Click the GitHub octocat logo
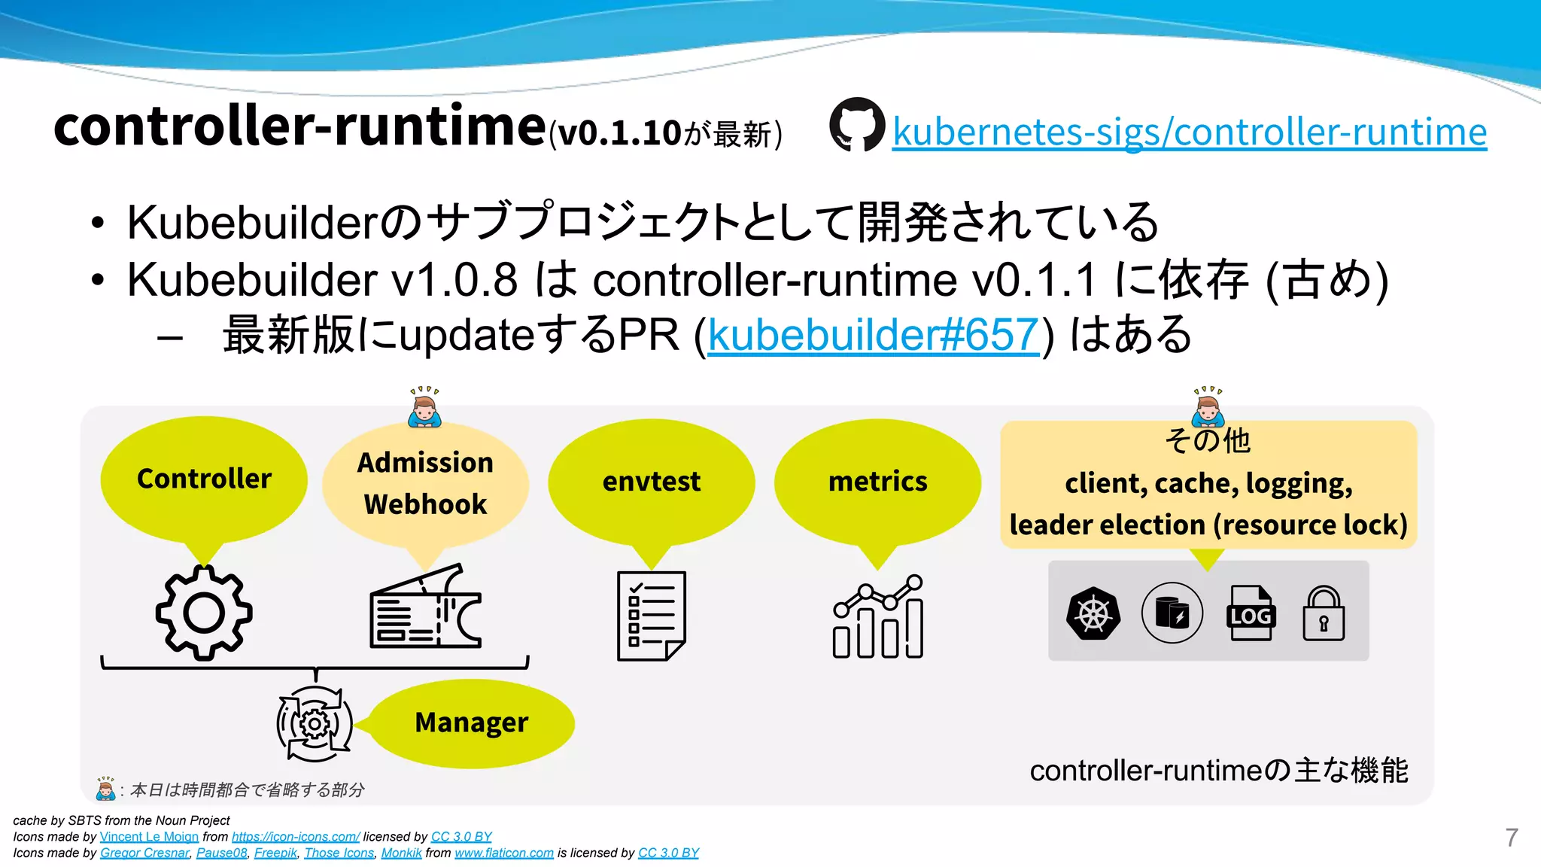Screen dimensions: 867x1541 (x=857, y=125)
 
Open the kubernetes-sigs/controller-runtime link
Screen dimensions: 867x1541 (x=1189, y=132)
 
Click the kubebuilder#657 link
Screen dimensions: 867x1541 (x=873, y=335)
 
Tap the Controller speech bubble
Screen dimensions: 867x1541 (x=204, y=479)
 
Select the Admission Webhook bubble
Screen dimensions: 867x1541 (x=425, y=483)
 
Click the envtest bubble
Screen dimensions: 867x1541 (x=651, y=482)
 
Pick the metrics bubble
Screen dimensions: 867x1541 (x=877, y=482)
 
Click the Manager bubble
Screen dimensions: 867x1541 (x=472, y=722)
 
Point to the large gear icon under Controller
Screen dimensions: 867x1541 (x=204, y=613)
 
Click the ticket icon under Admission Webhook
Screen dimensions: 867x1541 (x=426, y=608)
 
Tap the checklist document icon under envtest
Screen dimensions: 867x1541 (x=651, y=616)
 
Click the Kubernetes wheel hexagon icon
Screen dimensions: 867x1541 (x=1093, y=613)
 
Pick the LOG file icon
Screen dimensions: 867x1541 (x=1251, y=613)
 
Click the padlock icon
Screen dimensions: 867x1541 (x=1324, y=613)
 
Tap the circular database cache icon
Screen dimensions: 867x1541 (x=1172, y=613)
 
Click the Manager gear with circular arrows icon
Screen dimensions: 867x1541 (x=315, y=724)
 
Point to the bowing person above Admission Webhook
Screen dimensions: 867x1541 (x=424, y=408)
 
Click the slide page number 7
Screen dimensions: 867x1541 (x=1512, y=837)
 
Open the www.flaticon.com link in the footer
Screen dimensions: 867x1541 (x=504, y=853)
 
